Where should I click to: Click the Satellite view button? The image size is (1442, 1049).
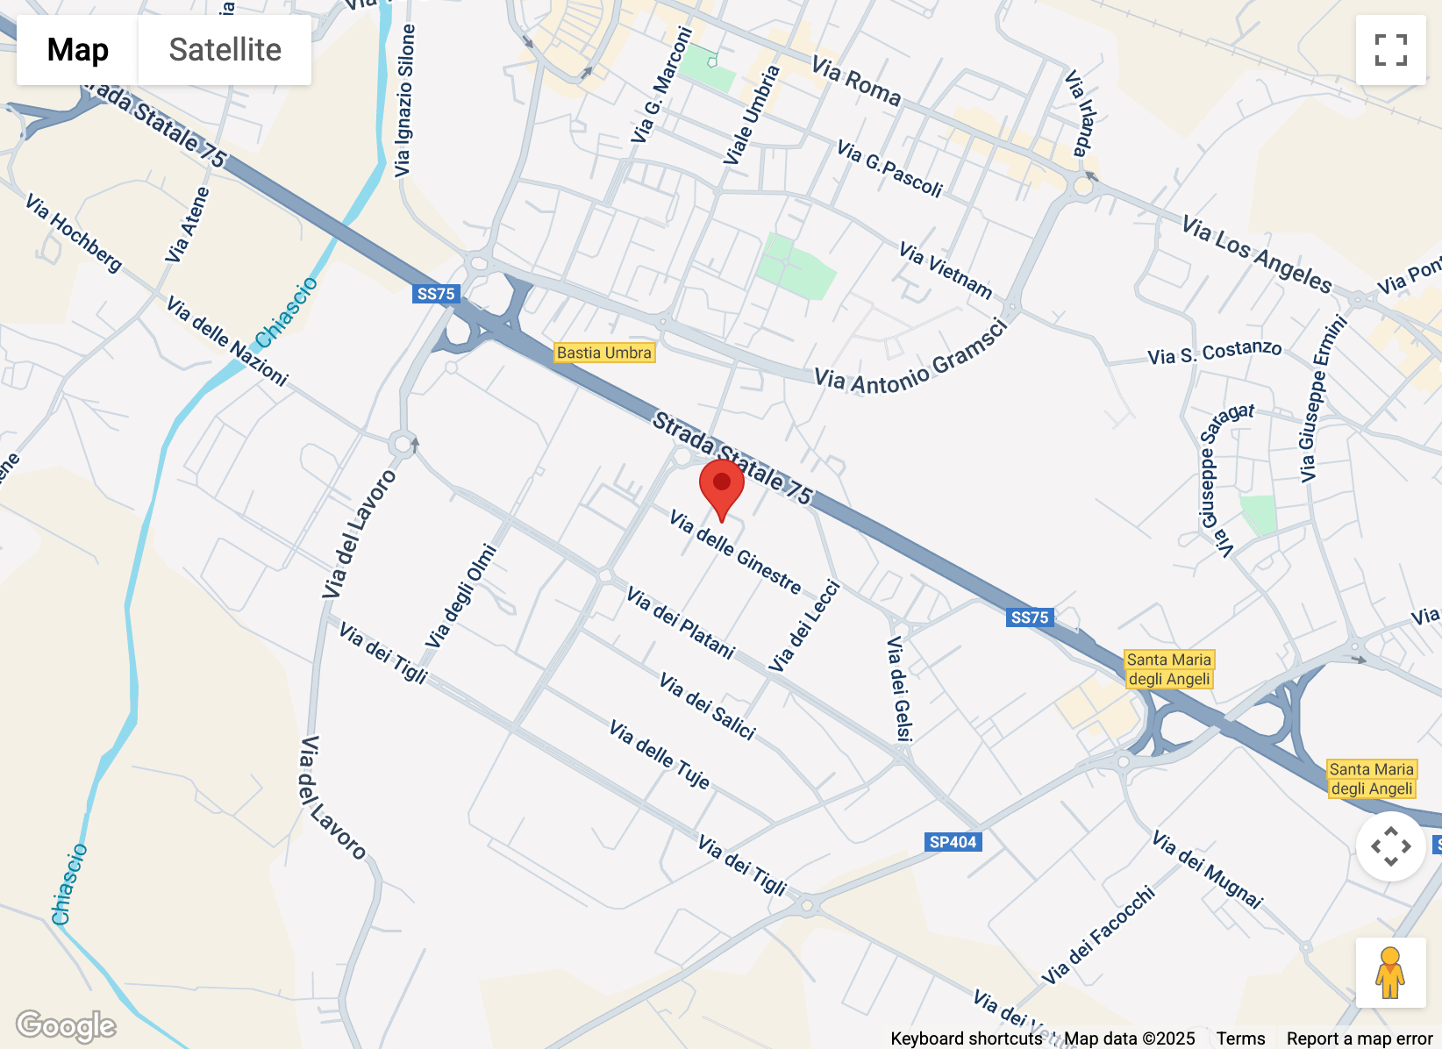225,50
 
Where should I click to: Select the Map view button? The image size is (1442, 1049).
78,50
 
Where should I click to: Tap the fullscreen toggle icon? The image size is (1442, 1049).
1390,50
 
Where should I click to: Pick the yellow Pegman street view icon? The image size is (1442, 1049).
1390,973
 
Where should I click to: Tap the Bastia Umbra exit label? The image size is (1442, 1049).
604,353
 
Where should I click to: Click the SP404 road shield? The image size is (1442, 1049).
953,842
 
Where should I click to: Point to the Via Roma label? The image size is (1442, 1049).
856,81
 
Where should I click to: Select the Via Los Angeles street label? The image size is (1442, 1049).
1256,254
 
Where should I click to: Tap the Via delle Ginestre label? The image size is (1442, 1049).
735,553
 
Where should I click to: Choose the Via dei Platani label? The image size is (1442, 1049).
681,623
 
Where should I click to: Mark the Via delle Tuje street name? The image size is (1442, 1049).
660,754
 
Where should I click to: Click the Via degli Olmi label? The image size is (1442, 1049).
461,596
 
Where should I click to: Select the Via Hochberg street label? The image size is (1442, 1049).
74,232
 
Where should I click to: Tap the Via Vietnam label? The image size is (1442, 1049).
946,270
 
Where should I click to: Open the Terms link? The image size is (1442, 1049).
1240,1038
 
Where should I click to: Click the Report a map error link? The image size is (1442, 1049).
1359,1038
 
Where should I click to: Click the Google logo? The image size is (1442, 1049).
66,1024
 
